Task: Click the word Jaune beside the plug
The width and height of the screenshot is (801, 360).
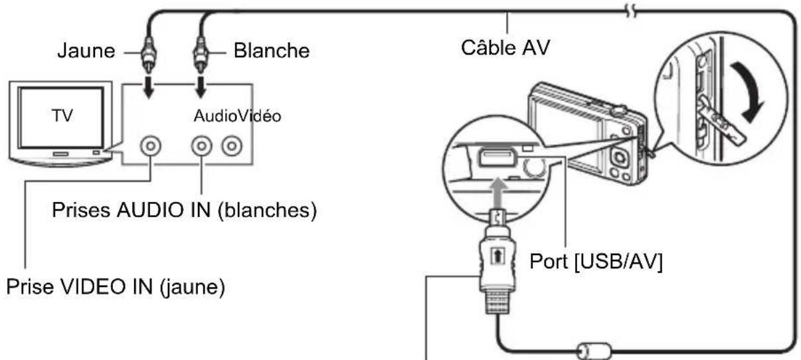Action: (86, 50)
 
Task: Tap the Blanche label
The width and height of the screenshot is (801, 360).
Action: (272, 50)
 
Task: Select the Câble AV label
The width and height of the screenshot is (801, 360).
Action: (505, 48)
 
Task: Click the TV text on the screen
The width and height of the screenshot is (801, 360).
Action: (62, 116)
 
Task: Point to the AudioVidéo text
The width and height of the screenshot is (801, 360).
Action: (237, 116)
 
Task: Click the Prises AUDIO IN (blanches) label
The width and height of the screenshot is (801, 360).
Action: (185, 210)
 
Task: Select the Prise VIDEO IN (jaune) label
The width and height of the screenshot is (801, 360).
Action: (116, 287)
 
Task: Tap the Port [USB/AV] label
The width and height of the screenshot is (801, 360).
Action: (596, 262)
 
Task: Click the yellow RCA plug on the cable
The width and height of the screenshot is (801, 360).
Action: (148, 54)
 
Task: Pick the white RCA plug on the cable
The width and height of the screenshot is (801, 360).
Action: (201, 54)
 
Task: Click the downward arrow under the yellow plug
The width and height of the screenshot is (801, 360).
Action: (149, 87)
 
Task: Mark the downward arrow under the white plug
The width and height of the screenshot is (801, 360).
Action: (201, 87)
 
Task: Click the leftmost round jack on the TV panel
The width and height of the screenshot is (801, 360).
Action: (151, 146)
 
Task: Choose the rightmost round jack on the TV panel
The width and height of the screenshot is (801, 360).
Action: (232, 146)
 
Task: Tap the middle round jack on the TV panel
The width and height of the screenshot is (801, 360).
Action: (202, 146)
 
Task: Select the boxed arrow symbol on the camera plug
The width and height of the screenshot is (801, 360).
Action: (497, 256)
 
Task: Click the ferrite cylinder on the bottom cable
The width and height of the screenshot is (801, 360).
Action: (594, 350)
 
